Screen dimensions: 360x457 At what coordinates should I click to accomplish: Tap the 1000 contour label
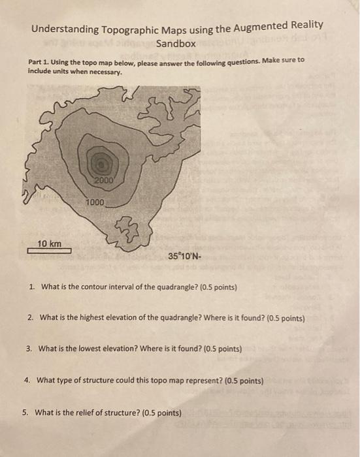[x=95, y=203]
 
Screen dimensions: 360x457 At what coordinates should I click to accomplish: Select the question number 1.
[x=31, y=287]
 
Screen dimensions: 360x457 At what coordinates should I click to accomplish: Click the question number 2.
[x=31, y=318]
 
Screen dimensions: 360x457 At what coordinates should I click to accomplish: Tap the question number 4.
[x=29, y=380]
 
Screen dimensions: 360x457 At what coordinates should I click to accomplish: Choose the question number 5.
[x=25, y=413]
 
